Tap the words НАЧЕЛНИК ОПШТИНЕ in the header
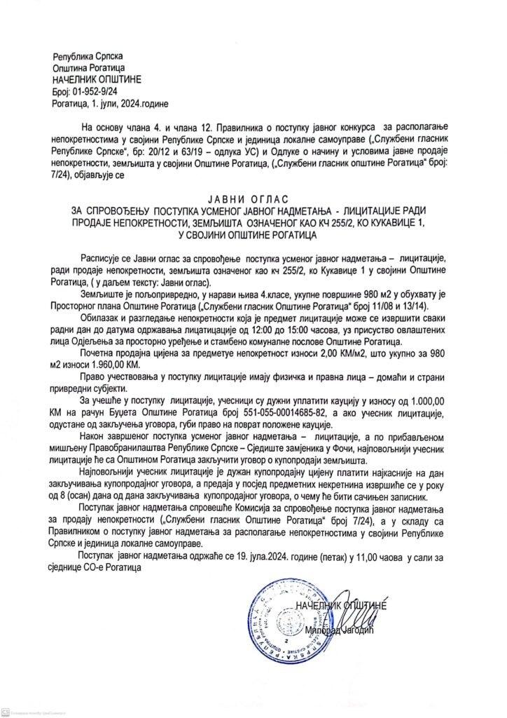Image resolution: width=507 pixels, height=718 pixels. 93,80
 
